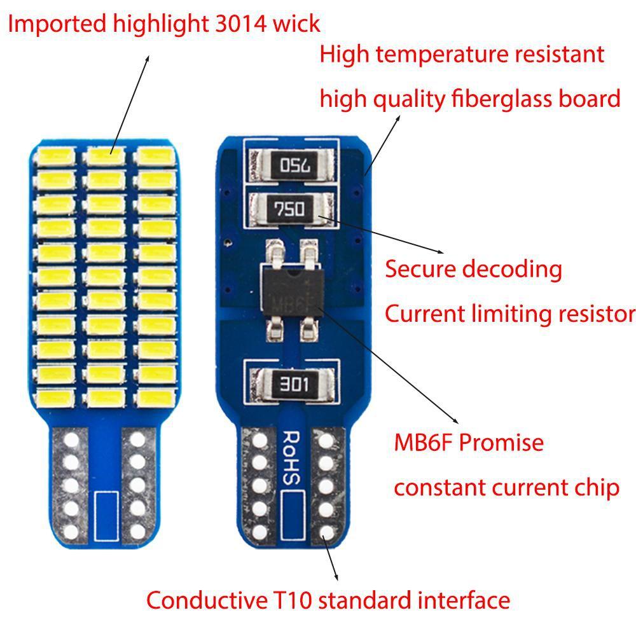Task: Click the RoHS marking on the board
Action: point(291,458)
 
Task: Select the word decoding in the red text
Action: point(512,269)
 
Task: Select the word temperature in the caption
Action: point(440,54)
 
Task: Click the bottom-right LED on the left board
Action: point(155,397)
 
